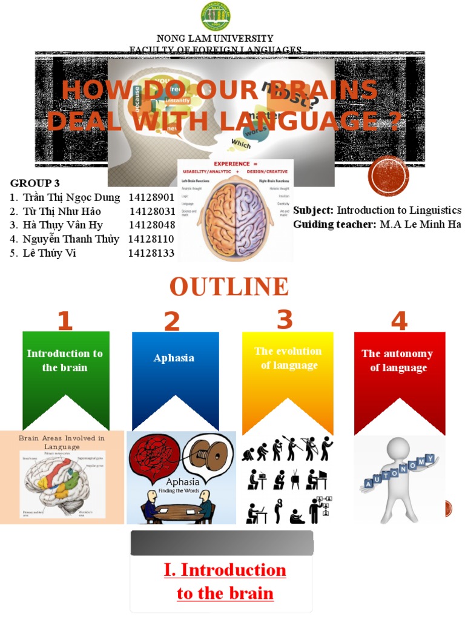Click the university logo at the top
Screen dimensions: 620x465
click(216, 16)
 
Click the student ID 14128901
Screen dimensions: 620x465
click(152, 197)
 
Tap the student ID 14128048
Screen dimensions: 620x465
click(152, 225)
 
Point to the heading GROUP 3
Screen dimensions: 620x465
click(35, 183)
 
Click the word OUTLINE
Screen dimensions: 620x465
click(229, 286)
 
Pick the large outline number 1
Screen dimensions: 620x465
click(65, 321)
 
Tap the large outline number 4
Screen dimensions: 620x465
click(399, 321)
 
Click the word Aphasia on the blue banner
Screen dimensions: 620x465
click(174, 358)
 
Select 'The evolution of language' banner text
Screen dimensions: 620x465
click(288, 358)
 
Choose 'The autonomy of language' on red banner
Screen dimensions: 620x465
click(398, 361)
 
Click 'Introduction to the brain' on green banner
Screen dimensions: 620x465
click(65, 361)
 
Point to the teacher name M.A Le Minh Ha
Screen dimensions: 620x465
click(420, 225)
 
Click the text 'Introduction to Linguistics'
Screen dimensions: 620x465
click(399, 210)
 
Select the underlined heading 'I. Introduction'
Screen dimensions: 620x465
click(225, 570)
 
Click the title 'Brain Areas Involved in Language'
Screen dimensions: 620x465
click(62, 442)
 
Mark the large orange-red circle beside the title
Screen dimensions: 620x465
click(388, 176)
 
